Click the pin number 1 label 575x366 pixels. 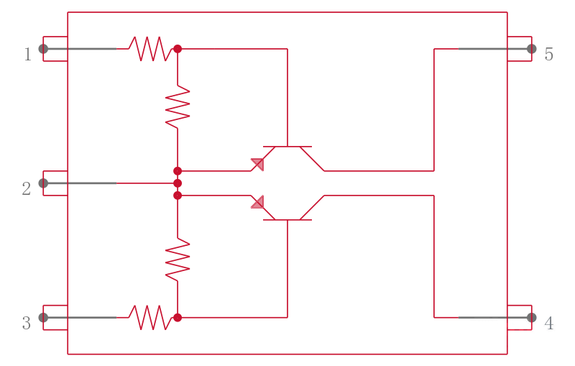click(28, 54)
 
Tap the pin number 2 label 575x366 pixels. click(27, 188)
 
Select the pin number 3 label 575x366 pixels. click(27, 323)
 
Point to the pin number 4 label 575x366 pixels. click(548, 323)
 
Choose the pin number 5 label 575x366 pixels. click(548, 54)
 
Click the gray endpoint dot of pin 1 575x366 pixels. click(43, 49)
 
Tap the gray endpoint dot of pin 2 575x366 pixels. click(43, 183)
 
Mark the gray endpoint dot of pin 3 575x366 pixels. click(43, 318)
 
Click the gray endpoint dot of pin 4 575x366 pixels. click(532, 318)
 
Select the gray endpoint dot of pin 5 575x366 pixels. click(532, 49)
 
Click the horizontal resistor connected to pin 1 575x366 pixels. click(150, 49)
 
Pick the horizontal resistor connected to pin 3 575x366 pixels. click(150, 318)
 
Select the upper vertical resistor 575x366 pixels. click(178, 106)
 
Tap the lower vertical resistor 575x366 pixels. click(178, 260)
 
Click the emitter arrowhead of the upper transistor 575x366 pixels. click(258, 164)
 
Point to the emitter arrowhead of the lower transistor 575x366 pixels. click(258, 203)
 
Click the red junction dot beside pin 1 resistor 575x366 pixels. click(178, 49)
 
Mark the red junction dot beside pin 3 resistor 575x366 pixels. click(178, 318)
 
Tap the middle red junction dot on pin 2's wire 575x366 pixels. click(178, 183)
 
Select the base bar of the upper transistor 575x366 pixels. click(287, 147)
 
